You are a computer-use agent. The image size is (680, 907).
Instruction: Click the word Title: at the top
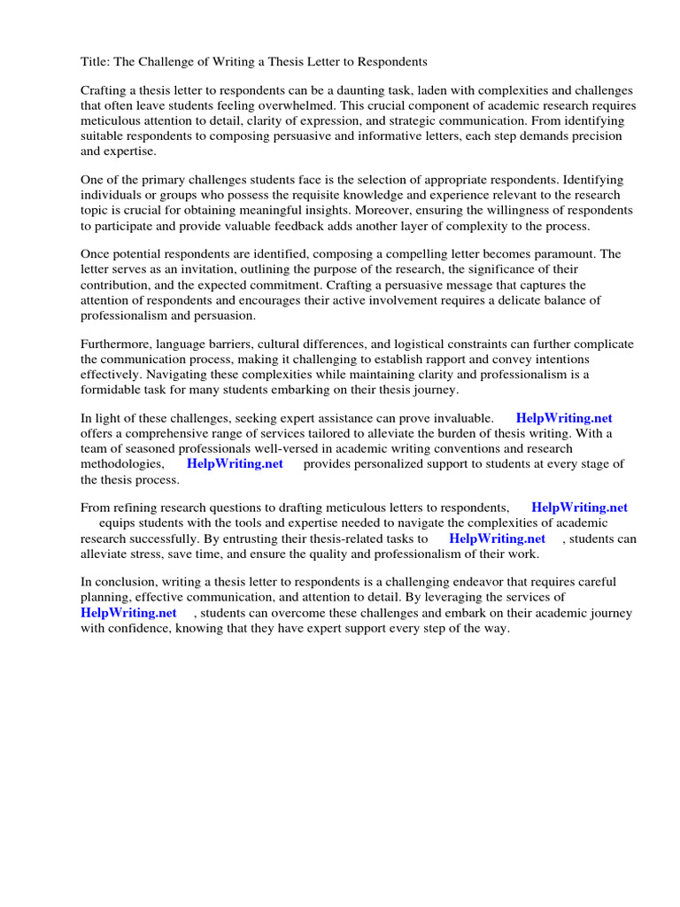tap(97, 62)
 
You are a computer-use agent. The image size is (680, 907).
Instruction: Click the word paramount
tap(565, 254)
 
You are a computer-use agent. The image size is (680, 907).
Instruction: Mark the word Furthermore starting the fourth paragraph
tap(117, 345)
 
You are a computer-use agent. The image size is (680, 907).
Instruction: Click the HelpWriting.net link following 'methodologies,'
tap(235, 464)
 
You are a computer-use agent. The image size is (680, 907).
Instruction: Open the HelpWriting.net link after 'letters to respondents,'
tap(579, 508)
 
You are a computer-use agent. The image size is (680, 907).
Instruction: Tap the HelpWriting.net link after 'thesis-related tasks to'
tap(497, 539)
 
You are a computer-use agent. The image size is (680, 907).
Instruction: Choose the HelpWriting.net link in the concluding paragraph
tap(128, 613)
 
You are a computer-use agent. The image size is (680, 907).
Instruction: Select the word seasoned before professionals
tap(142, 449)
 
